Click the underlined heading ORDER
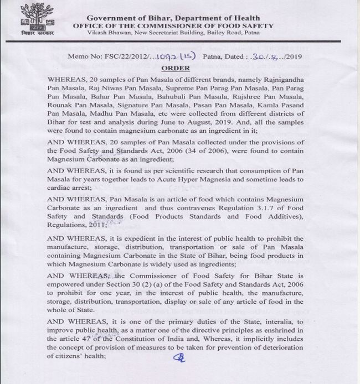click(x=176, y=69)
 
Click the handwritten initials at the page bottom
click(x=179, y=357)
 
